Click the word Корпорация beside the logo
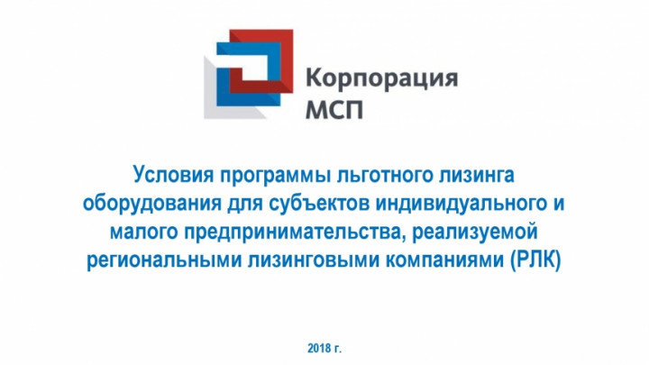click(381, 78)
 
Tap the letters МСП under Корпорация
click(334, 109)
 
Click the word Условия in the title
click(174, 176)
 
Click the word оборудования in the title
click(152, 205)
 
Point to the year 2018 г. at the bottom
click(324, 349)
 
